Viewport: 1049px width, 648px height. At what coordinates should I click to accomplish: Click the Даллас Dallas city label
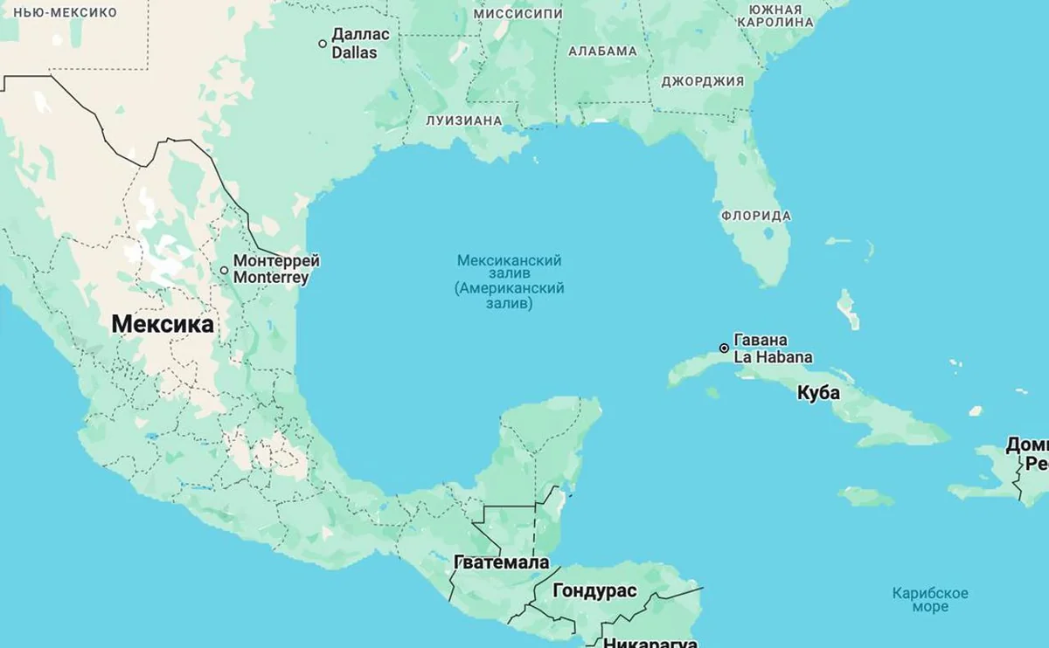(355, 44)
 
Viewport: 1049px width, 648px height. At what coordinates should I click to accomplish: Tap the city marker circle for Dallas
(323, 44)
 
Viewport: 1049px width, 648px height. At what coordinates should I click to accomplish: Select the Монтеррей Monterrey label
(271, 269)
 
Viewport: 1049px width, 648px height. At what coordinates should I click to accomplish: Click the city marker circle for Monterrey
(225, 271)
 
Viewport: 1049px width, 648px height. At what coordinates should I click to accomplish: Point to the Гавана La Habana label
(773, 348)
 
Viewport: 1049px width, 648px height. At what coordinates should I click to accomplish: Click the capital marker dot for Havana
(724, 348)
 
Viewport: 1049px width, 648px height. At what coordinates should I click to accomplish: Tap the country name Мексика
(163, 325)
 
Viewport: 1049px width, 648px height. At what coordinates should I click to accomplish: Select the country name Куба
(818, 393)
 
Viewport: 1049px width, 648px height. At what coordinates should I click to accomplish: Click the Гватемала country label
(502, 562)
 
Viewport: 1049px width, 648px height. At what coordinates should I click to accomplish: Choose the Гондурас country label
(594, 591)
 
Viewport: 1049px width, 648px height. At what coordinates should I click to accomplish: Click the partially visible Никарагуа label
(650, 642)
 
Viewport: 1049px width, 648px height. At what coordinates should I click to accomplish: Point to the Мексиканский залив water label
(510, 282)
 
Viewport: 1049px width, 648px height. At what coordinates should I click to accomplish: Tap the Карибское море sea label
(930, 600)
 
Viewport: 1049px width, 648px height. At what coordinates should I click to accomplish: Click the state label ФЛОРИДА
(756, 216)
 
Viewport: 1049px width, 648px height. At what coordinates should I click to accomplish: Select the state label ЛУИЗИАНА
(464, 121)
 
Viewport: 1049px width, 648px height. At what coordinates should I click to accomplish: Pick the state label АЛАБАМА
(602, 51)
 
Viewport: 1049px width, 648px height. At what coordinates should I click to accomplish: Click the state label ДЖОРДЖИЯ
(703, 81)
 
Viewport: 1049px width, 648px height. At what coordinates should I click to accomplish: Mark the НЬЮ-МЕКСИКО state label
(59, 12)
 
